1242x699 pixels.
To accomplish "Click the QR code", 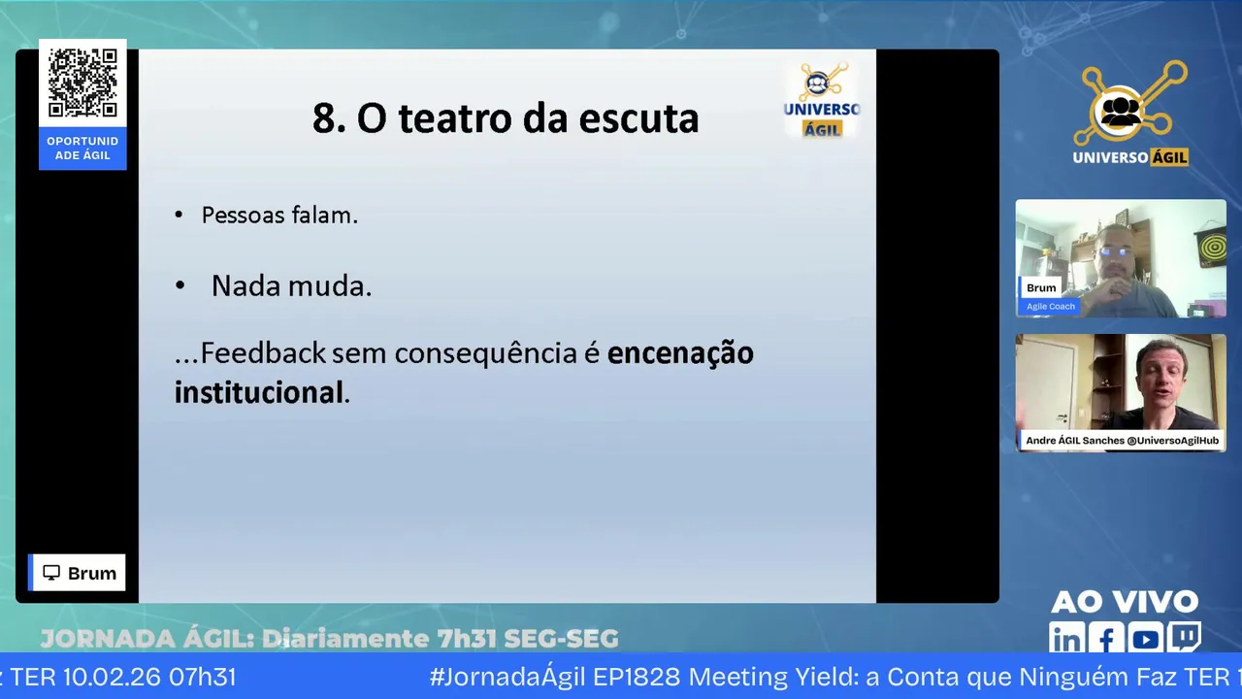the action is point(82,83).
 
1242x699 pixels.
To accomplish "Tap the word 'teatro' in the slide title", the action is point(455,118).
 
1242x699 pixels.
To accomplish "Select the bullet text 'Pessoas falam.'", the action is point(279,216).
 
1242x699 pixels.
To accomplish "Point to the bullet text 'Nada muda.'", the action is point(292,286).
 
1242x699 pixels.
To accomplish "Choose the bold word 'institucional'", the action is point(259,392).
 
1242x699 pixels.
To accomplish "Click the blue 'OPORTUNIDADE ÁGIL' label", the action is point(82,149).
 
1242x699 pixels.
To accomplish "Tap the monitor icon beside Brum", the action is point(51,573).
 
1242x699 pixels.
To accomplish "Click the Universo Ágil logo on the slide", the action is point(822,100).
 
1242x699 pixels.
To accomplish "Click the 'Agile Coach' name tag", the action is point(1050,306).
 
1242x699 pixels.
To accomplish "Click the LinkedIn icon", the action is point(1066,638).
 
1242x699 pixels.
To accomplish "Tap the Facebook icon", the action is point(1106,638).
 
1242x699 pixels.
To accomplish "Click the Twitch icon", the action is point(1185,636).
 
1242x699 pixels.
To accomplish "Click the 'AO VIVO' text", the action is point(1125,602).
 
